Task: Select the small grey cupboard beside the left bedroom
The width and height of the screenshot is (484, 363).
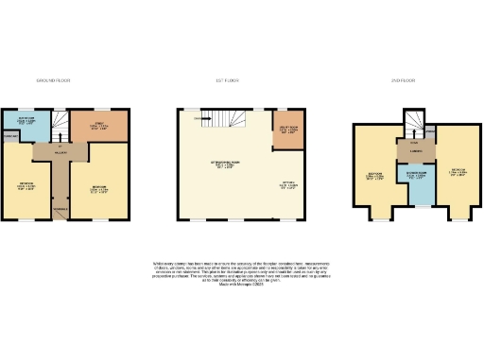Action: [12, 137]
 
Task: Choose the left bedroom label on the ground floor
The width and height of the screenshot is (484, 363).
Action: [26, 186]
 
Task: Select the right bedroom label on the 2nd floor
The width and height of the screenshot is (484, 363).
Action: [459, 174]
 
